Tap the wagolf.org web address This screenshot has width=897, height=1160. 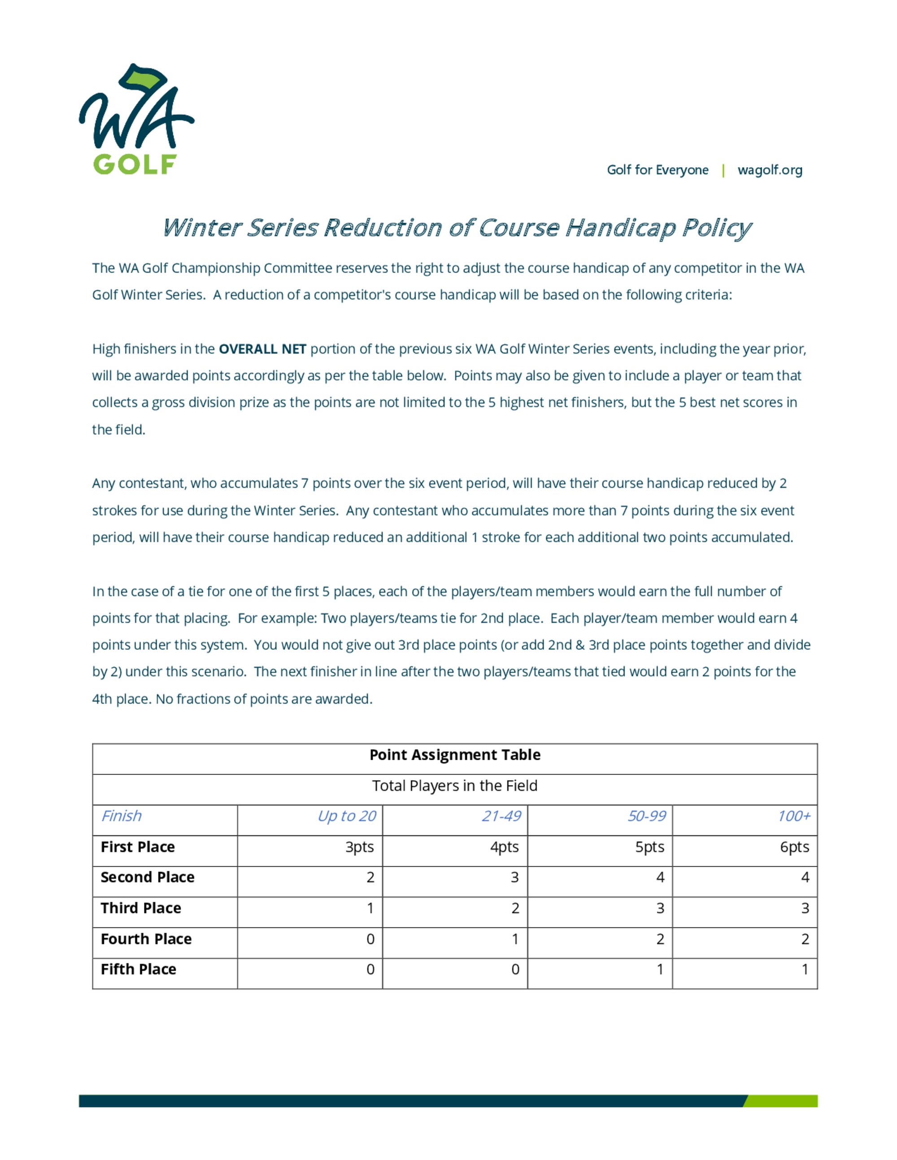click(x=770, y=170)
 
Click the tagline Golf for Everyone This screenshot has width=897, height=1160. click(x=658, y=170)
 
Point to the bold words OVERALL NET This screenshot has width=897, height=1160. click(x=262, y=349)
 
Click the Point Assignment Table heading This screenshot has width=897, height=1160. click(x=455, y=755)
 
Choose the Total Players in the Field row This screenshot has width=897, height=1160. click(x=455, y=786)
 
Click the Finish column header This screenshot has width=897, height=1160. click(x=122, y=816)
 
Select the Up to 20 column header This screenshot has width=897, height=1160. click(x=347, y=816)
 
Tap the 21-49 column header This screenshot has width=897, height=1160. click(x=501, y=816)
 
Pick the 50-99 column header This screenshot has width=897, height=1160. click(x=646, y=816)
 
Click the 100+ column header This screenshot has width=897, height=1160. click(x=794, y=816)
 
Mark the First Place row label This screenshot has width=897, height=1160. click(x=138, y=847)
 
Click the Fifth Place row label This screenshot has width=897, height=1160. click(x=138, y=970)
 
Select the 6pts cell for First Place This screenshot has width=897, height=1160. click(x=794, y=847)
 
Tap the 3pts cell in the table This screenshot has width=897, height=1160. click(x=360, y=847)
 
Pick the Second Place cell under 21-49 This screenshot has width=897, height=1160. click(x=514, y=878)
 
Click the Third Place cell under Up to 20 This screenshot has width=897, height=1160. click(x=370, y=908)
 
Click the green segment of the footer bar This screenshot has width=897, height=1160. click(x=781, y=1101)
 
